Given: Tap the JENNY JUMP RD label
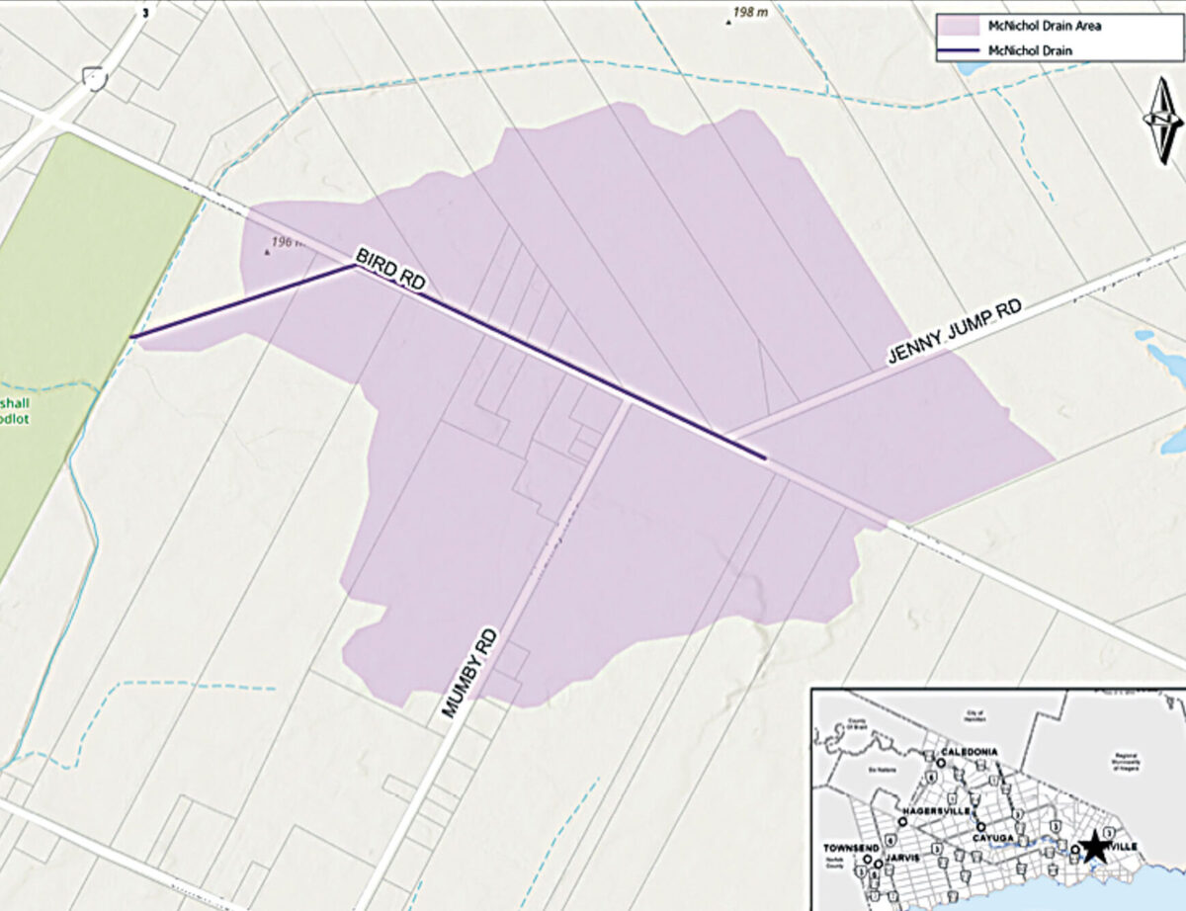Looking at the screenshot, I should pos(953,334).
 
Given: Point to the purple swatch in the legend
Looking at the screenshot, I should pos(956,26).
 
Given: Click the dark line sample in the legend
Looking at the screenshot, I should pos(956,49).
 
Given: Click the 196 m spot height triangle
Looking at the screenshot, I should pos(266,252).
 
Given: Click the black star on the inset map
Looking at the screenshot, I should pos(1093,847).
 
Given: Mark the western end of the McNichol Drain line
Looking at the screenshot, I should pos(132,336).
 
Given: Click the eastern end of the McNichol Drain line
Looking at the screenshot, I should pos(766,457).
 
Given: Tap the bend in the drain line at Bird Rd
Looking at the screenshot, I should pos(355,265).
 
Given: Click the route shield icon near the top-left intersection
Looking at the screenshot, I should pos(95,77).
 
